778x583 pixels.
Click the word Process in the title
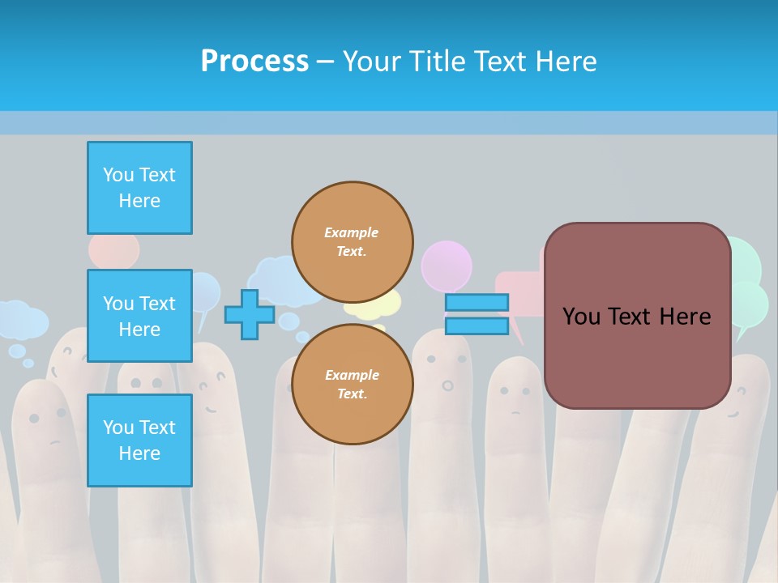click(x=254, y=62)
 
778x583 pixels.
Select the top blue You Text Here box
click(x=139, y=188)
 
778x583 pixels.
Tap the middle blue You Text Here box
click(x=139, y=316)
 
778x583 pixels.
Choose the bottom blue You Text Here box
click(x=139, y=440)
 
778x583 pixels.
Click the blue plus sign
click(x=250, y=314)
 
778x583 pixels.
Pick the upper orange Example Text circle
click(x=352, y=242)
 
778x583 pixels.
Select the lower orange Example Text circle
click(x=352, y=385)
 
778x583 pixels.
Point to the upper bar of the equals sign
click(x=477, y=302)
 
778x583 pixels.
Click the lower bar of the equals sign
click(x=477, y=326)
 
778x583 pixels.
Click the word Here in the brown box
click(x=685, y=317)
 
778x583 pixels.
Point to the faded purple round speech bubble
click(x=447, y=263)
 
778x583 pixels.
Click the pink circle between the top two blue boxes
click(x=114, y=251)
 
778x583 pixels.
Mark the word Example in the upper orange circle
click(x=352, y=232)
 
